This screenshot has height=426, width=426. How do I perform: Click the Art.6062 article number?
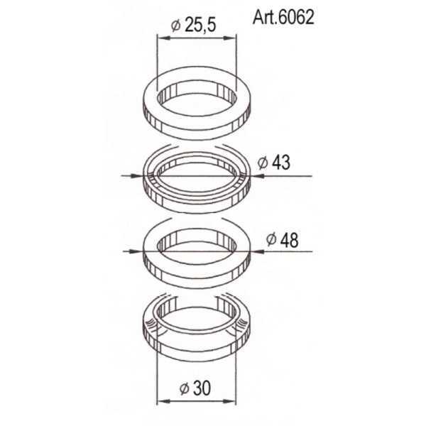click(x=283, y=18)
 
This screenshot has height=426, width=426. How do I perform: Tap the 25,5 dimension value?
click(x=200, y=26)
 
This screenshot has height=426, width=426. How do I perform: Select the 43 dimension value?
click(x=281, y=163)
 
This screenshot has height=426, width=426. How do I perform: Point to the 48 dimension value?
click(x=289, y=240)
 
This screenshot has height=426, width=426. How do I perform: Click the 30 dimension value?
click(x=202, y=388)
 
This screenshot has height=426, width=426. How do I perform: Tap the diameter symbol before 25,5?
click(x=176, y=26)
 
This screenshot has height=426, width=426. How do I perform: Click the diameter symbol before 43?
click(x=263, y=163)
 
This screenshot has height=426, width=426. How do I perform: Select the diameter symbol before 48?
click(x=271, y=240)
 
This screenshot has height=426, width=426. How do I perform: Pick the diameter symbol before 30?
click(x=184, y=388)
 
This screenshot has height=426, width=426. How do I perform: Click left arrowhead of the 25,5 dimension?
click(x=164, y=38)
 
